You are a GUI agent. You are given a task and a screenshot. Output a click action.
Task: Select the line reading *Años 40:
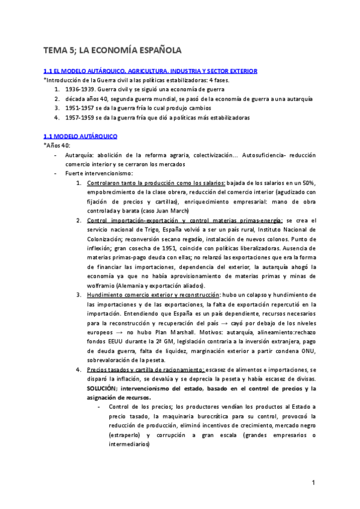(57, 146)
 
